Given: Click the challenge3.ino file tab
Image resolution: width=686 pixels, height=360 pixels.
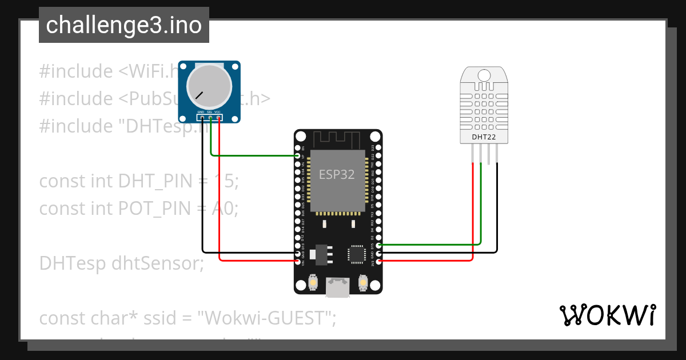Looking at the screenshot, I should (x=123, y=26).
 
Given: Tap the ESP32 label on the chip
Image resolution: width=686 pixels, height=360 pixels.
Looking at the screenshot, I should (x=336, y=175).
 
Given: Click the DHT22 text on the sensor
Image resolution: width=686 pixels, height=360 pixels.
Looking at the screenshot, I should (x=484, y=137).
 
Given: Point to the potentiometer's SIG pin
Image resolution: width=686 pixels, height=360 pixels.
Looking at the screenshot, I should (x=210, y=118).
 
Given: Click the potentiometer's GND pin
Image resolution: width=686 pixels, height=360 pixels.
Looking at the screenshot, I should (x=202, y=118).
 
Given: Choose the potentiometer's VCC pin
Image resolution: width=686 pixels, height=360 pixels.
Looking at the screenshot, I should (x=219, y=118).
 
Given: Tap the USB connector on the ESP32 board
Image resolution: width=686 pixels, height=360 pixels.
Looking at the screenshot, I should (x=338, y=286).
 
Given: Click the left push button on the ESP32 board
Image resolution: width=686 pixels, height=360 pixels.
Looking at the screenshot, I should (x=313, y=282).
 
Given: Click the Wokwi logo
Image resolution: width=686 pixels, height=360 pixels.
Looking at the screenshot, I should (x=607, y=315).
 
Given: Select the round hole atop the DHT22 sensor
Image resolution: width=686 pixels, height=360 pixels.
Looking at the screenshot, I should (x=484, y=75).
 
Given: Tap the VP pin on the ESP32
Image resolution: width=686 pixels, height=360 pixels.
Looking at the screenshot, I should (x=297, y=155).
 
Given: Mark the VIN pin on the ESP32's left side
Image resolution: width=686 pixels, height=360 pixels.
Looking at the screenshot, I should (x=297, y=261).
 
